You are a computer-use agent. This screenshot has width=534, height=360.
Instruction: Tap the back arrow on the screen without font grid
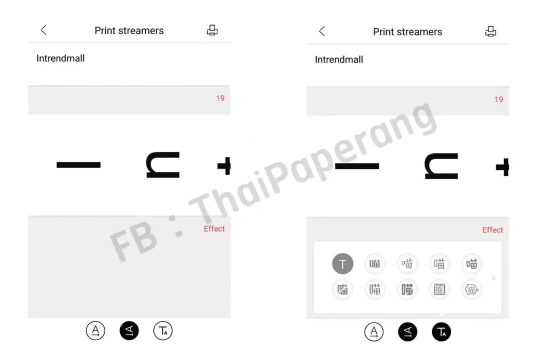pyautogui.click(x=44, y=30)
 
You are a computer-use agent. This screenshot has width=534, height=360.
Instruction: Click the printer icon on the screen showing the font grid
pyautogui.click(x=491, y=32)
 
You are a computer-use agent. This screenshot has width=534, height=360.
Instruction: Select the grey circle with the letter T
pyautogui.click(x=343, y=264)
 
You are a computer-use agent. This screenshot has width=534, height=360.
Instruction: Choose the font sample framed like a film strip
pyautogui.click(x=440, y=290)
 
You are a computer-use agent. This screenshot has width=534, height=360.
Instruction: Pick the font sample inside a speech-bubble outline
pyautogui.click(x=472, y=290)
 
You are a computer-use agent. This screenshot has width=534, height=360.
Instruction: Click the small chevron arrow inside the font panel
pyautogui.click(x=493, y=278)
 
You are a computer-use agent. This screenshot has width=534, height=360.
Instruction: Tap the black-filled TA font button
pyautogui.click(x=441, y=332)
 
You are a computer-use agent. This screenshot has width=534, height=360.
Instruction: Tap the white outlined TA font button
pyautogui.click(x=163, y=331)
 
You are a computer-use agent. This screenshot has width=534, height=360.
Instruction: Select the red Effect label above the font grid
pyautogui.click(x=492, y=230)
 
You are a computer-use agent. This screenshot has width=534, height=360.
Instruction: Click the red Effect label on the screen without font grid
pyautogui.click(x=214, y=229)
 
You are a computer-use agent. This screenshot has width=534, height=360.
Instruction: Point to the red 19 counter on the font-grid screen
pyautogui.click(x=499, y=99)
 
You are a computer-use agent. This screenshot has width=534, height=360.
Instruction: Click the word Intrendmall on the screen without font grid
pyautogui.click(x=60, y=58)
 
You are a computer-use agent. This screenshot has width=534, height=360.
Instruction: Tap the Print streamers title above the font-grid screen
pyautogui.click(x=407, y=32)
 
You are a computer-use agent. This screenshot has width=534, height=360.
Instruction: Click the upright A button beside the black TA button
pyautogui.click(x=374, y=332)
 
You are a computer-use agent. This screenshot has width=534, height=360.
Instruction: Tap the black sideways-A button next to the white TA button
pyautogui.click(x=129, y=331)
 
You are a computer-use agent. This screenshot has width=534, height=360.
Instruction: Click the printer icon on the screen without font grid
pyautogui.click(x=212, y=30)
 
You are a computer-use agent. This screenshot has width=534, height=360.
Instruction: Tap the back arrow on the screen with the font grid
pyautogui.click(x=322, y=32)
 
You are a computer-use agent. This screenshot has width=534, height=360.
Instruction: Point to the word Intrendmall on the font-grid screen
pyautogui.click(x=339, y=59)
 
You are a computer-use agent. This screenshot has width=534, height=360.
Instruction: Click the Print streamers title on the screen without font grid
pyautogui.click(x=129, y=30)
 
